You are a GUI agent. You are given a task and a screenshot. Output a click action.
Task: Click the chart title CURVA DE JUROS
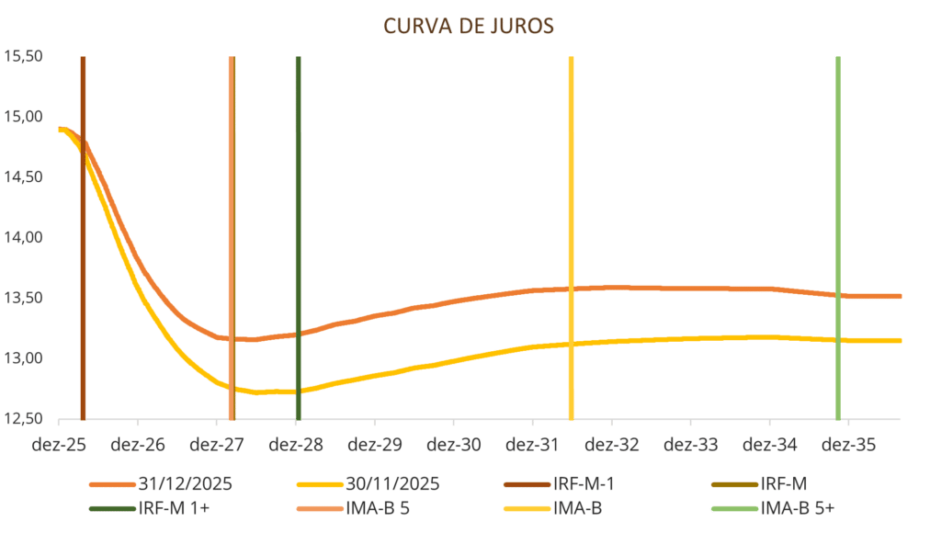(469, 26)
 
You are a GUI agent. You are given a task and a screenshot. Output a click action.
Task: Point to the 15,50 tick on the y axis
(24, 56)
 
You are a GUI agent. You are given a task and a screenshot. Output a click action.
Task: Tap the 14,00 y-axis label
(24, 237)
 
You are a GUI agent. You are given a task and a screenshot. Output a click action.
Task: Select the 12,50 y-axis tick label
(24, 418)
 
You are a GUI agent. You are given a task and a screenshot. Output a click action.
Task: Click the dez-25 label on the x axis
(59, 445)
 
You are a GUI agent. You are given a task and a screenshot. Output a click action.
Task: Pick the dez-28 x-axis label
(296, 445)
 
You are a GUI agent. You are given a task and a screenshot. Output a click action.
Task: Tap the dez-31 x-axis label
(533, 445)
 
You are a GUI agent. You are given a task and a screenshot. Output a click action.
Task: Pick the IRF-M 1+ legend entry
(172, 508)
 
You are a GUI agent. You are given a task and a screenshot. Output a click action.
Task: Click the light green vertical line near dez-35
(837, 230)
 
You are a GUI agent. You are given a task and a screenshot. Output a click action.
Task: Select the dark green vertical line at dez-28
(298, 230)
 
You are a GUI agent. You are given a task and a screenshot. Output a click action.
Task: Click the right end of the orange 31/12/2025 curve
(900, 296)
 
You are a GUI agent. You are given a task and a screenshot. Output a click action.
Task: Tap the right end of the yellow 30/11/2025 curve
(900, 340)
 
